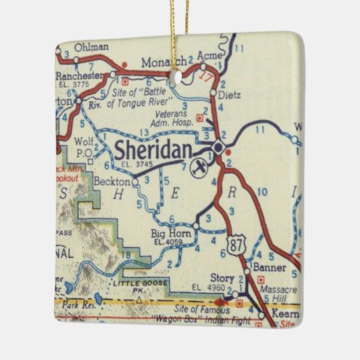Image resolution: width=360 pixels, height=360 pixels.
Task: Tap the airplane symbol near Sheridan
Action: click(198, 168)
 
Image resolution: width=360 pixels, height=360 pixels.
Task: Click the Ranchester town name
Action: click(81, 75)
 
